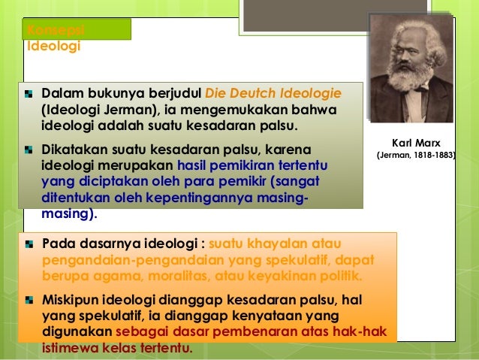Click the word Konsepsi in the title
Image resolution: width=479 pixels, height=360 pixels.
click(55, 29)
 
